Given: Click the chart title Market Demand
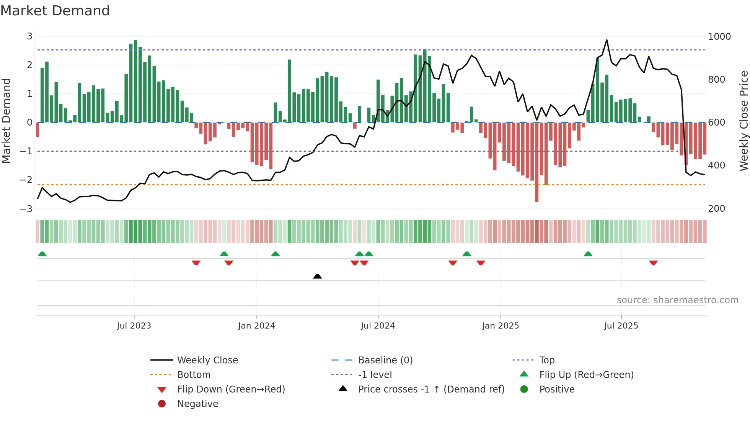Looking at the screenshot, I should [55, 11].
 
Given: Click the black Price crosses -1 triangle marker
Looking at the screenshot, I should [317, 276].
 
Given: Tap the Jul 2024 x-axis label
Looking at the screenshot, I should [378, 326].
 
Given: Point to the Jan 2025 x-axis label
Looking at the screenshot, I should [500, 326].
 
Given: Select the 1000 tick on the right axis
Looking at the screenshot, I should [719, 37].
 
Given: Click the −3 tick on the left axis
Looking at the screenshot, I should [26, 209].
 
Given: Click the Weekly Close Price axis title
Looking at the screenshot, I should [743, 121].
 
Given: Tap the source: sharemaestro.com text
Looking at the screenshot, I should [677, 300].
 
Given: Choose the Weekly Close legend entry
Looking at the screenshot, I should [207, 360].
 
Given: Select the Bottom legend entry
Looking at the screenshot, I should [194, 375].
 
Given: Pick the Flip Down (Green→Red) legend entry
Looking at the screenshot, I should [231, 389].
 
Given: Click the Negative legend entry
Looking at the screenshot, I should [197, 404].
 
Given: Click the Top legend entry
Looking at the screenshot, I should [546, 360].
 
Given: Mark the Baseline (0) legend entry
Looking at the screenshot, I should [385, 360].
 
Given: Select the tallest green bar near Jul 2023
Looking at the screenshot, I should [135, 80].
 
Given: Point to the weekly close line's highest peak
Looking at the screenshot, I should [607, 40].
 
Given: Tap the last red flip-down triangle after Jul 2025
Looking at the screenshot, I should [653, 263].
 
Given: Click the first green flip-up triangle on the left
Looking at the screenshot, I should [42, 254].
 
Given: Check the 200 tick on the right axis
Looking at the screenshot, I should [716, 209].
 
